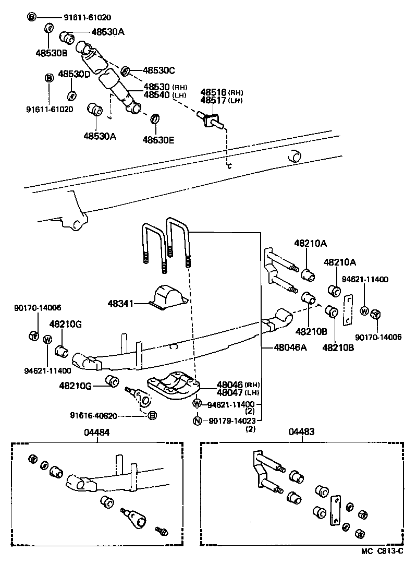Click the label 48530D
click(x=74, y=74)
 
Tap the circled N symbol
click(x=197, y=421)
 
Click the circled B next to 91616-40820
click(x=152, y=416)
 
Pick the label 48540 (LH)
click(x=158, y=95)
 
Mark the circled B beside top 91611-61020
click(x=31, y=17)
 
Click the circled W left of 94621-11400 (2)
click(x=197, y=404)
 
